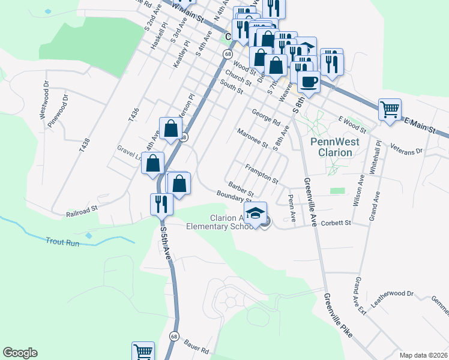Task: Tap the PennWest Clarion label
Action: point(331,147)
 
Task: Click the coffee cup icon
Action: point(309,81)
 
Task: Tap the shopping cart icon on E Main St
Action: point(390,109)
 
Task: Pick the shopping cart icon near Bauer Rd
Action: point(143,352)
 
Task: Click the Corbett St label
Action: point(335,223)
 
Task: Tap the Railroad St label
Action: point(82,211)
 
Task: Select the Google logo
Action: point(20,353)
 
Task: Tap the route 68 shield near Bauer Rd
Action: point(174,336)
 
